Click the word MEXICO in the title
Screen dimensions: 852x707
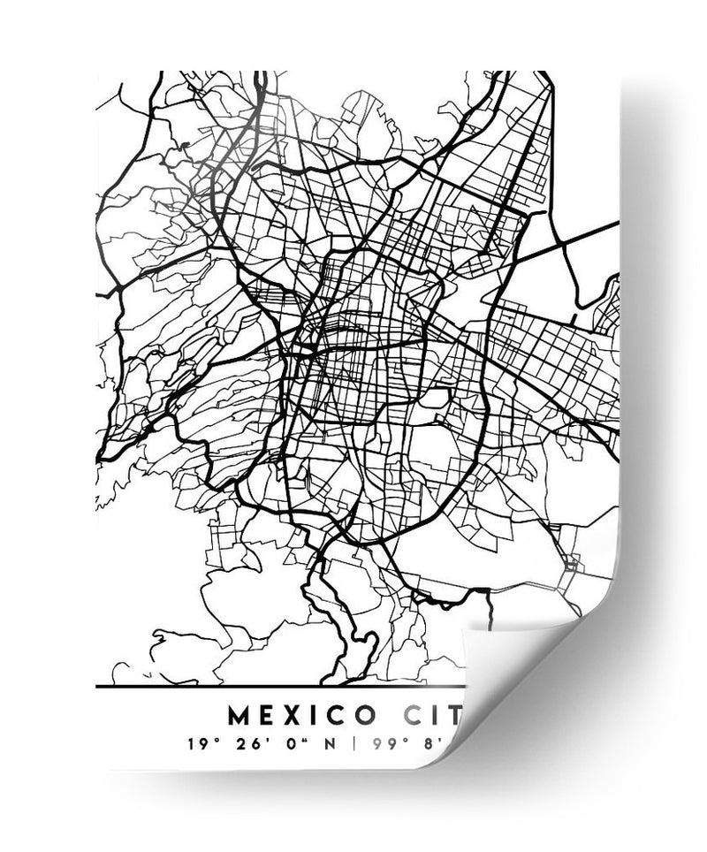point(303,713)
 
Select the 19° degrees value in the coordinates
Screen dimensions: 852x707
point(201,743)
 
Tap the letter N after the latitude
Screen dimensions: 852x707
point(328,743)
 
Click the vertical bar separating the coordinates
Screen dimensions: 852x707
point(353,743)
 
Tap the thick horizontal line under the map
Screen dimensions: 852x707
point(265,686)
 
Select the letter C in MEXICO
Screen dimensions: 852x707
point(336,713)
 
